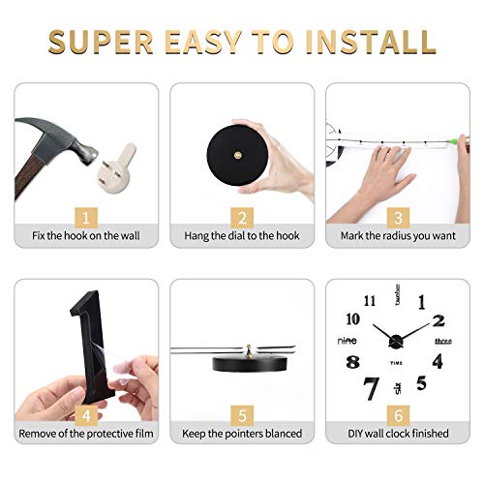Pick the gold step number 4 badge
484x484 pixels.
(x=86, y=413)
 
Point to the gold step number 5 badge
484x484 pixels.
(x=242, y=413)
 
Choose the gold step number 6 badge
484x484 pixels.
(x=398, y=413)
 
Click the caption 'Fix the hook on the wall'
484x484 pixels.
(x=86, y=235)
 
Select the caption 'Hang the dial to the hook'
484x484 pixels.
(x=242, y=235)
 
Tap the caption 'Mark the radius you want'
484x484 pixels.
(x=398, y=235)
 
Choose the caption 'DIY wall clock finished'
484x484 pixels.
(x=398, y=433)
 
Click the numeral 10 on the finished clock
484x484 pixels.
(x=352, y=318)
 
